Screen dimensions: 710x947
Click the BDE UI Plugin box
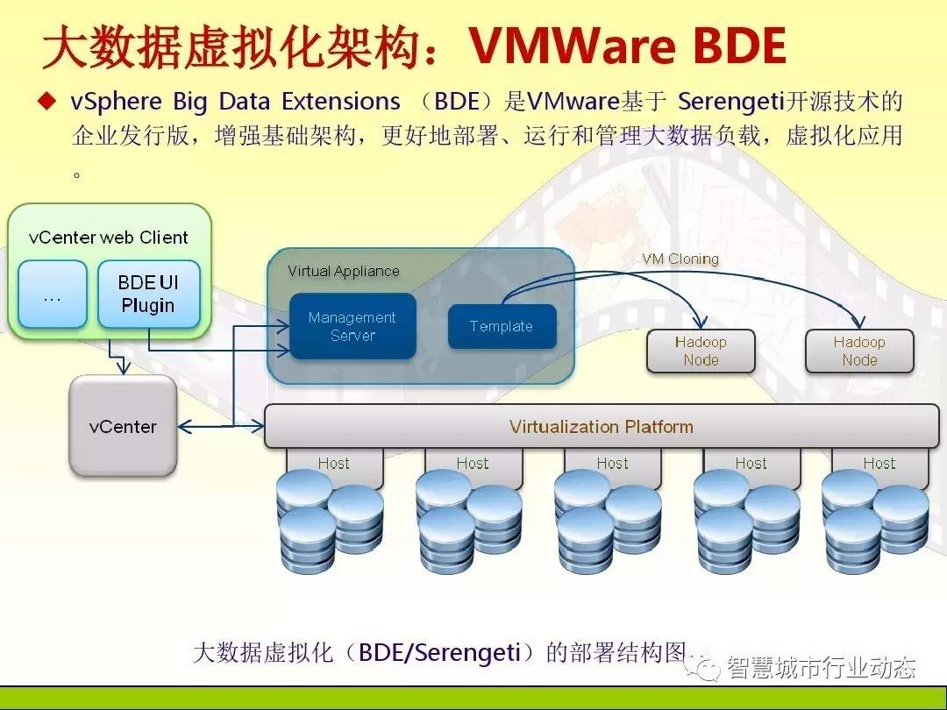[148, 294]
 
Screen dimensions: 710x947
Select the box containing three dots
[53, 294]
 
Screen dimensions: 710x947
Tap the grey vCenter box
[123, 427]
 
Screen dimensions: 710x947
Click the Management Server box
[352, 326]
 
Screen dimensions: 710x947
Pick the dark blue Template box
[502, 326]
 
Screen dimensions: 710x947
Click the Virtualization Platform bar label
[601, 427]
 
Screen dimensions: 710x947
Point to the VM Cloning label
[680, 259]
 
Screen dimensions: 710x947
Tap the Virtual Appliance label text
[343, 272]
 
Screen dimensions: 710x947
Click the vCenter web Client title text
[108, 238]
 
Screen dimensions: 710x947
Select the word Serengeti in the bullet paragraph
[730, 101]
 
